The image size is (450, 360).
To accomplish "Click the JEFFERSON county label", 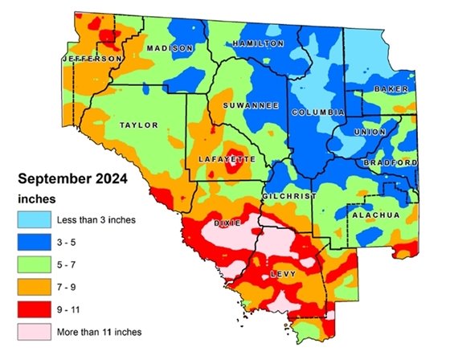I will tap(92, 59).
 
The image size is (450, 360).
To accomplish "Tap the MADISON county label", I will tap(170, 48).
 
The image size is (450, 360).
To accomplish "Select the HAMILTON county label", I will tap(258, 43).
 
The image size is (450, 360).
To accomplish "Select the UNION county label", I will tap(370, 131).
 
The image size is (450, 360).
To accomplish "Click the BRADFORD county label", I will tap(394, 163).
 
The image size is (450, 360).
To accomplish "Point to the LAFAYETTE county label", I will tap(226, 162).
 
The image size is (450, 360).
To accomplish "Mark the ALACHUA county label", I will tap(371, 215).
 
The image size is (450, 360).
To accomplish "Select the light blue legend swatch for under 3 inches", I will tap(33, 219).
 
